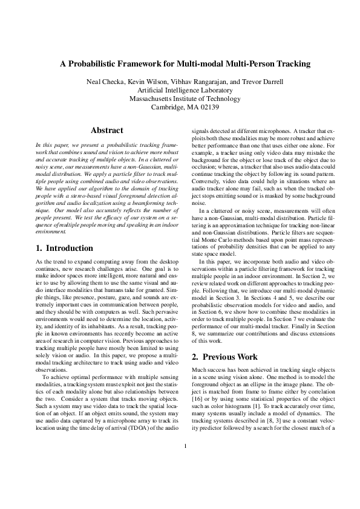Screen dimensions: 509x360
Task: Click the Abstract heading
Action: click(106, 130)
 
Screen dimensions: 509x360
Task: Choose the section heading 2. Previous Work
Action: click(225, 356)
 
